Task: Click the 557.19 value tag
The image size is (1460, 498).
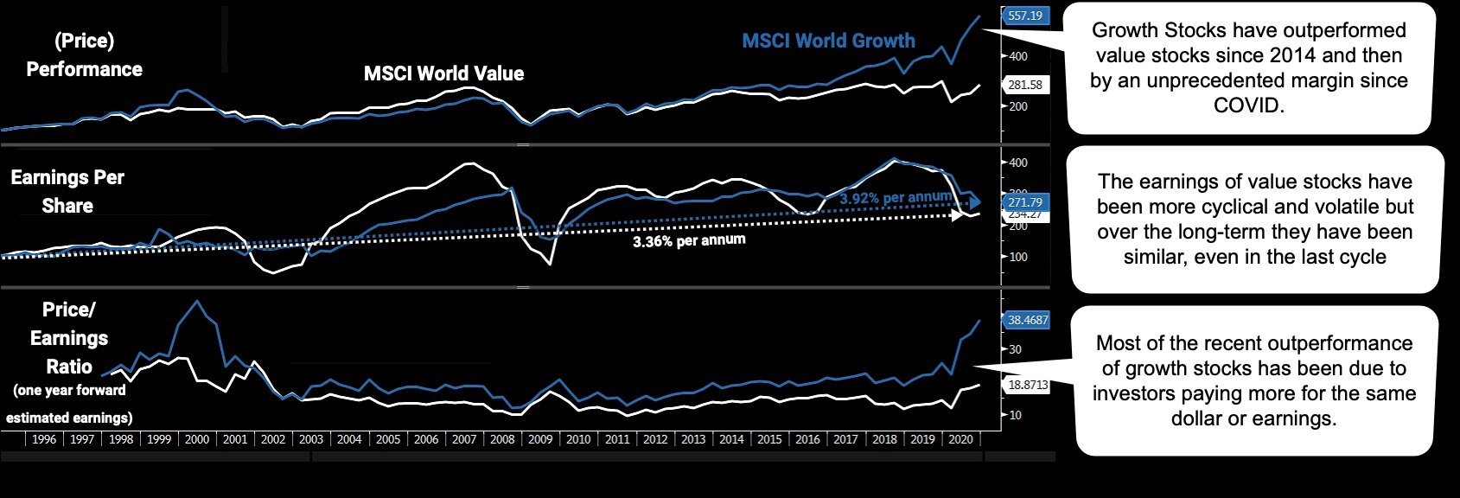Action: point(1025,16)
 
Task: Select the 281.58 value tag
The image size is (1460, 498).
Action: point(1025,85)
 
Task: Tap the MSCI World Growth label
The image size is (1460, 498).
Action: point(828,41)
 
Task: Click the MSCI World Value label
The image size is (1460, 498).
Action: point(443,73)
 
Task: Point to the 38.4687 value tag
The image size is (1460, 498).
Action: point(1027,320)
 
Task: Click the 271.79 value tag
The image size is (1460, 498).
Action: point(1025,202)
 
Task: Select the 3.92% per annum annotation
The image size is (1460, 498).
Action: point(895,198)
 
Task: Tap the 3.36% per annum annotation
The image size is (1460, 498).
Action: point(688,240)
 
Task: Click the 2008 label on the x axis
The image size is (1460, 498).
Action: point(502,439)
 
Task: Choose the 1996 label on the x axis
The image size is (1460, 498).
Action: point(44,439)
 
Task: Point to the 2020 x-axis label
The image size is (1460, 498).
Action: point(960,439)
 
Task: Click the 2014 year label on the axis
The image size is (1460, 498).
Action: point(731,439)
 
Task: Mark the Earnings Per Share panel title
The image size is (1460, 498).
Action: point(67,191)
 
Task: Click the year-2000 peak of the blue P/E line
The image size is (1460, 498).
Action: point(198,301)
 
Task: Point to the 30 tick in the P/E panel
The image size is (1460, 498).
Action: point(1015,349)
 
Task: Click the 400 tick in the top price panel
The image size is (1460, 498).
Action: point(1018,56)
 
